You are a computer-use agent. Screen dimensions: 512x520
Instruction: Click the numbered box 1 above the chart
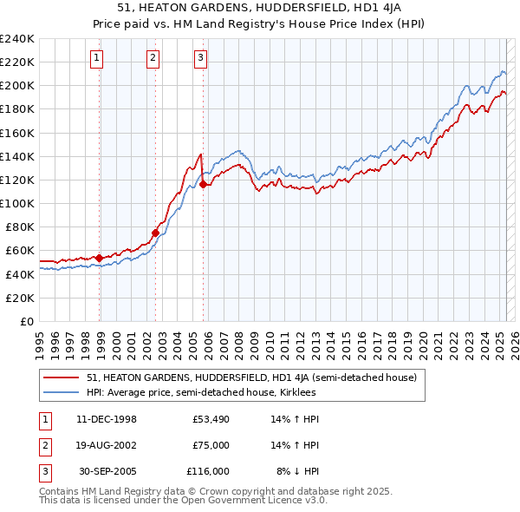pos(95,58)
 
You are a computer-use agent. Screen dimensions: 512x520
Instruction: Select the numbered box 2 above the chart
pos(152,58)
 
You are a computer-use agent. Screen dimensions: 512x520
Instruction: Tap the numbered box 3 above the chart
pos(200,58)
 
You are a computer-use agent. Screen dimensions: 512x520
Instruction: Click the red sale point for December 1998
pos(100,258)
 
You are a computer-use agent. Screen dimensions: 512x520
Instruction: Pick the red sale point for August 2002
pos(156,233)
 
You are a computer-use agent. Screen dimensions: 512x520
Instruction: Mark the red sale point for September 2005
pos(204,184)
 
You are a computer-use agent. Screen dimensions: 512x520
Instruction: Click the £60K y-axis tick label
pos(20,250)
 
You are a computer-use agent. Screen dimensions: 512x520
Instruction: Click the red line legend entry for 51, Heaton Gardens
pos(251,377)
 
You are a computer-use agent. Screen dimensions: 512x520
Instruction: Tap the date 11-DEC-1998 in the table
pos(107,420)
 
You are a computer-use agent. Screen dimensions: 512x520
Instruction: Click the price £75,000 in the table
pos(211,445)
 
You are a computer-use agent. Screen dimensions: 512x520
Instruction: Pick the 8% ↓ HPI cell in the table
pos(297,471)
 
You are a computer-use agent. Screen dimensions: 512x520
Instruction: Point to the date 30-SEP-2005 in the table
pos(107,471)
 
